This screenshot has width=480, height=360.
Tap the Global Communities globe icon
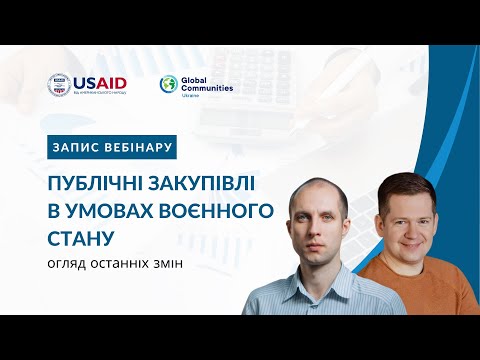click(169, 85)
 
